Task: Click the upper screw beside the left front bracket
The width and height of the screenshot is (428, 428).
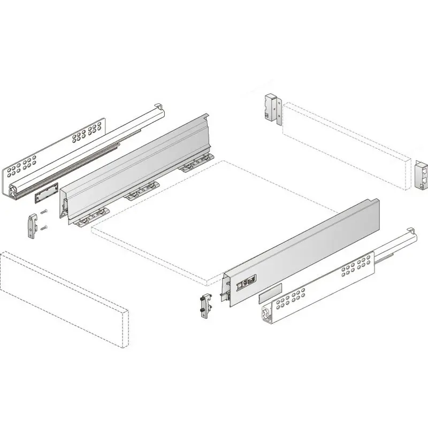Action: point(44,210)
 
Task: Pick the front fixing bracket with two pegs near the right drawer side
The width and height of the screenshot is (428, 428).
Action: point(204,306)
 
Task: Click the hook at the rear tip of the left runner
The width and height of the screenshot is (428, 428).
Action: point(159,106)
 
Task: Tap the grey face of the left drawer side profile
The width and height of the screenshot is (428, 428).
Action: point(139,160)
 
